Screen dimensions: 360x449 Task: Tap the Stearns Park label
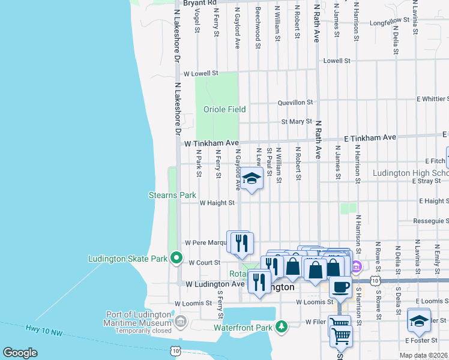(x=173, y=195)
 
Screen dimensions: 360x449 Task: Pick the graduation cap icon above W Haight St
(x=252, y=178)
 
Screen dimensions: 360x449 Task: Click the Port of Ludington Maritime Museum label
(x=140, y=318)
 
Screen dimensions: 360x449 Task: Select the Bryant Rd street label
(x=200, y=3)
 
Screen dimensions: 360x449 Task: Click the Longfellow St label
(x=389, y=22)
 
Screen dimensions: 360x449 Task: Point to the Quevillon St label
(x=295, y=103)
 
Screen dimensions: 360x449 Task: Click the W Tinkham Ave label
(x=211, y=143)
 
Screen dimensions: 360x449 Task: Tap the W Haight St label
(x=209, y=203)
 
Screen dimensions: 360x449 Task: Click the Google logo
(x=20, y=353)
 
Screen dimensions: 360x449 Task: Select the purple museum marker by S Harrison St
(x=356, y=266)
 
